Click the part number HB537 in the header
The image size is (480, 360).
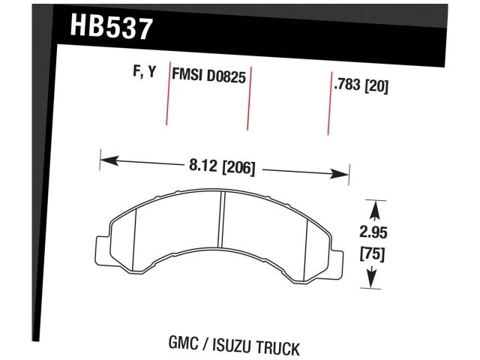[112, 28]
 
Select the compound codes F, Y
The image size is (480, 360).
[144, 73]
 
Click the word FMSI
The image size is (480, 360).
[188, 76]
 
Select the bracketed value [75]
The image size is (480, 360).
[373, 254]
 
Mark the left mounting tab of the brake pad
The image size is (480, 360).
[103, 250]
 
